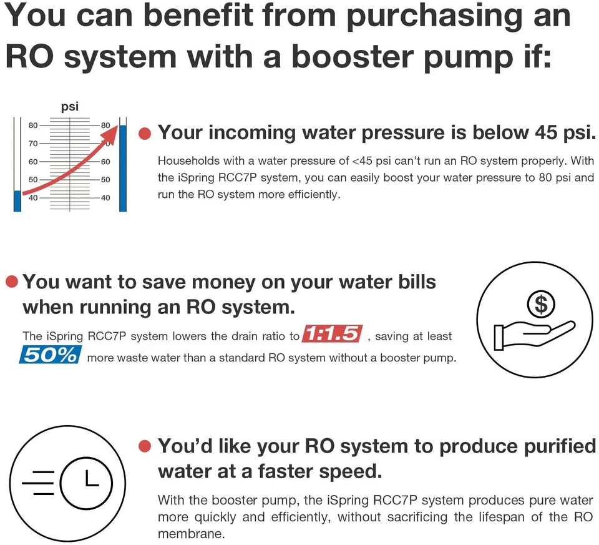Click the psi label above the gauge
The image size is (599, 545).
pos(70,106)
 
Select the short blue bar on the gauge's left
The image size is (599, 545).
pos(17,200)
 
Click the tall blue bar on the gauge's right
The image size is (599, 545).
pos(123,167)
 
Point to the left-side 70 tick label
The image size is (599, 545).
pos(32,144)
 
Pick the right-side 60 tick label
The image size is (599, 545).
pos(105,162)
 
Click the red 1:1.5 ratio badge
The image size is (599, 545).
pos(333,335)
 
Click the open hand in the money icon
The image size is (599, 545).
pos(530,334)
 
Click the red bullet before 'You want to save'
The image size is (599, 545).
pos(12,282)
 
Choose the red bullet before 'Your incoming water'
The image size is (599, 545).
pos(145,134)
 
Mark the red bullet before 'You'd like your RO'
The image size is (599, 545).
pos(145,447)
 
